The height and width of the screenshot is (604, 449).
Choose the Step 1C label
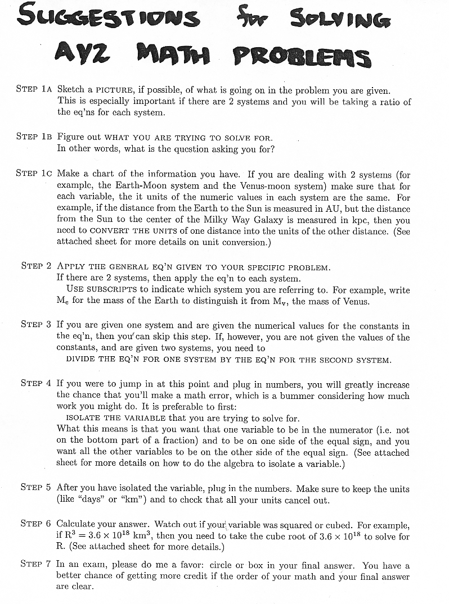34,174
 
